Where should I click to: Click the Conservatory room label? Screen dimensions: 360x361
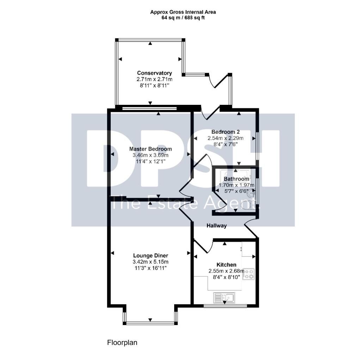(150, 73)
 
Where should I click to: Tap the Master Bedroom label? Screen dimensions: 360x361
(150, 149)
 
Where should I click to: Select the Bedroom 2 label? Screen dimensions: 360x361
(226, 132)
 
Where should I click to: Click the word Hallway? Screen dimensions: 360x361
(216, 226)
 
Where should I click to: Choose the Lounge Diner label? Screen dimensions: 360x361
(150, 256)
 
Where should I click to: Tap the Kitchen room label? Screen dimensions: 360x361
(226, 264)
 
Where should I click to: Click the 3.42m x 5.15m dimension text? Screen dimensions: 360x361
(150, 262)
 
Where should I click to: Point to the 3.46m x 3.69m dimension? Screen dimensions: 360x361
(150, 155)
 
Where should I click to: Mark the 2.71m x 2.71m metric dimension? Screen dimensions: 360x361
(150, 79)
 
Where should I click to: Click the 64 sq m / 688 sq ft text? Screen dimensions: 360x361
(183, 18)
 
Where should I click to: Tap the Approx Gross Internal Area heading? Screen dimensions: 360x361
(183, 12)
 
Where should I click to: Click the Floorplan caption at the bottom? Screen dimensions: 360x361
(122, 342)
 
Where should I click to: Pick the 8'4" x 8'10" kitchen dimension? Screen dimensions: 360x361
(226, 277)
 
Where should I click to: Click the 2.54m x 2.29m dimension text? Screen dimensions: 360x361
(226, 138)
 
